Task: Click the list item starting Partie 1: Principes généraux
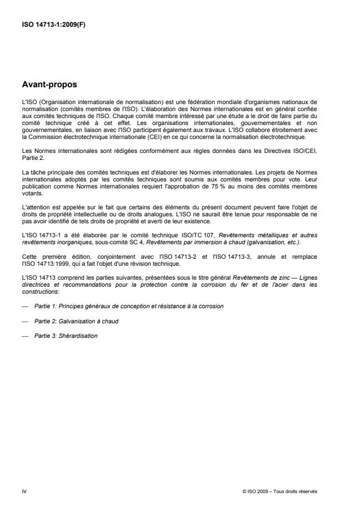click(129, 305)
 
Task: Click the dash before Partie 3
click(24, 337)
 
